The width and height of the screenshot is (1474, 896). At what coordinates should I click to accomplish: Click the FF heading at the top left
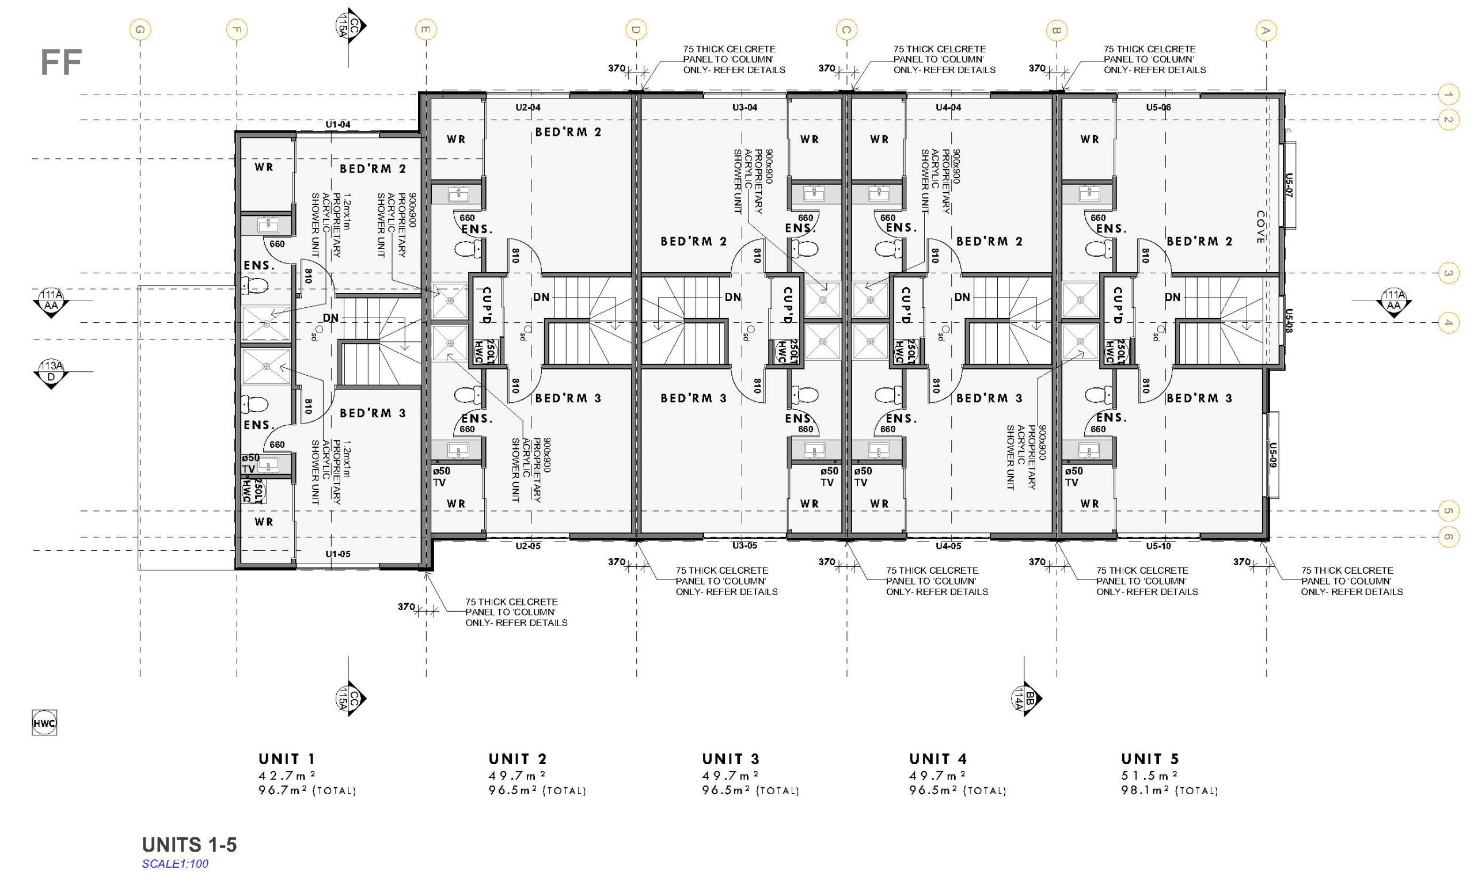coord(60,63)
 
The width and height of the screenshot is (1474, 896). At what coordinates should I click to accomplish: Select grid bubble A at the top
coord(1265,30)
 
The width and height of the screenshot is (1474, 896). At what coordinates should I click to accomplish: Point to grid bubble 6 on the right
coord(1447,537)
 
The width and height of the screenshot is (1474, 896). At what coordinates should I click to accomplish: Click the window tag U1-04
coord(338,124)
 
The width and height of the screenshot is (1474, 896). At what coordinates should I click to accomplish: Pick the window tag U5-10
coord(1158,546)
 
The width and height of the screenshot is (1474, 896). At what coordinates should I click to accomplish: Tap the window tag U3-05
coord(745,546)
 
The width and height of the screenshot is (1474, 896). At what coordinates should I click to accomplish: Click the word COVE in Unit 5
coord(1260,227)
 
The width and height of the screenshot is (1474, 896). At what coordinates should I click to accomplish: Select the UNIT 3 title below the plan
coord(731,759)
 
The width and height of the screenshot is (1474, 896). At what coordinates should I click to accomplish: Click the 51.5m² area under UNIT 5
coord(1149,775)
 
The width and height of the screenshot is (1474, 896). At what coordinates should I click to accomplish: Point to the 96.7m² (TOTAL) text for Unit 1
coord(307,791)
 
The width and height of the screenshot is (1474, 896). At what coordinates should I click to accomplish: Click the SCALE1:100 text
coord(175,864)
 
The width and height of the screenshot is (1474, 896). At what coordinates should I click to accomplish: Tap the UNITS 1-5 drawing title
coord(189,845)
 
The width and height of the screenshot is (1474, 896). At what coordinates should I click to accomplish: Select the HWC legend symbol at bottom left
coord(44,723)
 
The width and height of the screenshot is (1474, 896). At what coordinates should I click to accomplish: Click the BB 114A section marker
coord(1026,698)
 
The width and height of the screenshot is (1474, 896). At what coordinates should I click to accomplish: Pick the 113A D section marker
coord(51,373)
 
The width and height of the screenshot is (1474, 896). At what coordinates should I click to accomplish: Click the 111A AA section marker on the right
coord(1393,302)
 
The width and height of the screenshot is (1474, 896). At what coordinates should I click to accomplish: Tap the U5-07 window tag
coord(1289,185)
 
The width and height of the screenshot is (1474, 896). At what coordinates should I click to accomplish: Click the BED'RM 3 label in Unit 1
coord(373,413)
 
